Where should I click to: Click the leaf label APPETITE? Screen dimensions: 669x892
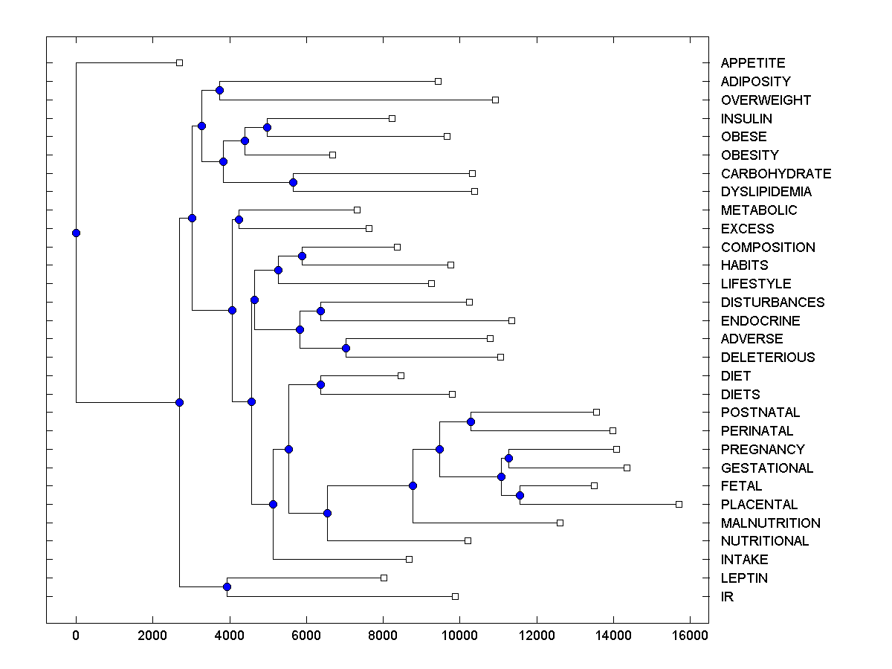[752, 63]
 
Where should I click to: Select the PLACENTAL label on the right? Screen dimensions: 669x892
[759, 505]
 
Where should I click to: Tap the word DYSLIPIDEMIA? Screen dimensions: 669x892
[766, 192]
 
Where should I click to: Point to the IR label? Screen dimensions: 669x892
[727, 597]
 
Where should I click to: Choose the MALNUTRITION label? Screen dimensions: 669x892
[770, 523]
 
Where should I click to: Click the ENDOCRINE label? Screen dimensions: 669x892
[760, 321]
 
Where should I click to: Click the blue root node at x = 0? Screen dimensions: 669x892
[76, 233]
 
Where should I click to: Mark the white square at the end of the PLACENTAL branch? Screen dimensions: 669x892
[679, 504]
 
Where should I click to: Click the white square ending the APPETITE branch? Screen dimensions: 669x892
[179, 62]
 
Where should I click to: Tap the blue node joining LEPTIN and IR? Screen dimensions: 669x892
[227, 587]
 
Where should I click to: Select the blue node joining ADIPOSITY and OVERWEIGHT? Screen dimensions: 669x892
[219, 90]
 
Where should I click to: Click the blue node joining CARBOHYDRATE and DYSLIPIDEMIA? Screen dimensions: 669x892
[293, 182]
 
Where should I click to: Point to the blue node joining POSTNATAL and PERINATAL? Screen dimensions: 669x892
[471, 421]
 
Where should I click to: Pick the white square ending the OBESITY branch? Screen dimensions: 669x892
[332, 155]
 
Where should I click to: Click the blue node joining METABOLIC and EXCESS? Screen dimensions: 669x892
[239, 219]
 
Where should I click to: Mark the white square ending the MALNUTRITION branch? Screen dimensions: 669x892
[560, 523]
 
